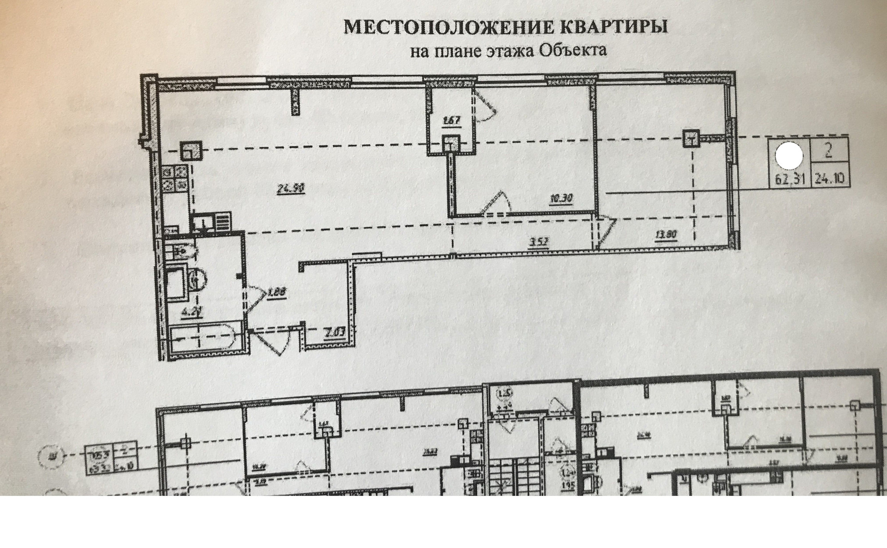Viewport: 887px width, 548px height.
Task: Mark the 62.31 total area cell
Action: click(x=790, y=179)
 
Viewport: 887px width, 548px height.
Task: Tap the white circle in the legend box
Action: click(x=789, y=156)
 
